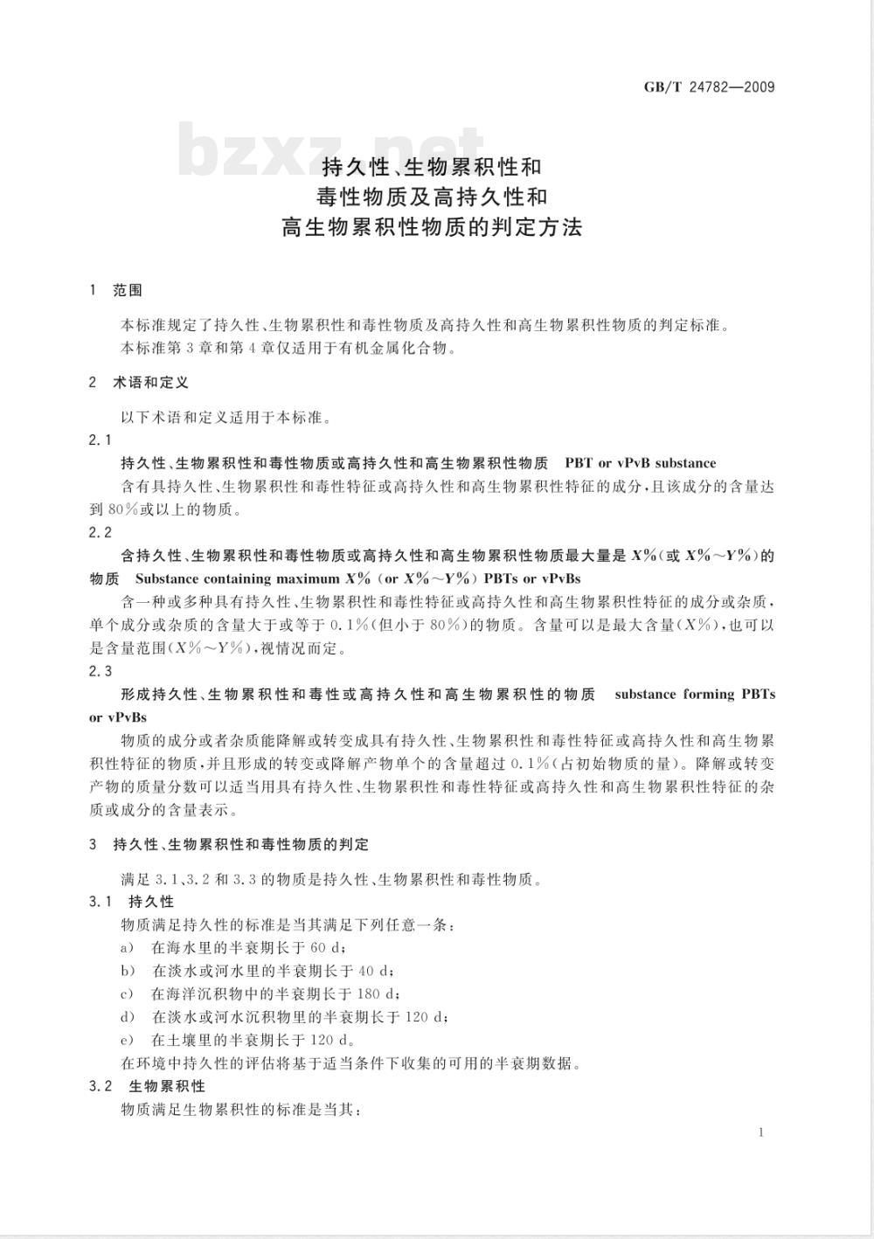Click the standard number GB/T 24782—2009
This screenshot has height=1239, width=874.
(709, 87)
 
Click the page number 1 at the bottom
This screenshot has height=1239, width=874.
(761, 1132)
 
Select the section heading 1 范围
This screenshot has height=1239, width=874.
(116, 290)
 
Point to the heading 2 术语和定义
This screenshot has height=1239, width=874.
(139, 383)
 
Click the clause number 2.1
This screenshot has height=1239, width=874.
(101, 440)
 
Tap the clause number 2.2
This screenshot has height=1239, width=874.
(101, 532)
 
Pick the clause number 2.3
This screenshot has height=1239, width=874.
(101, 671)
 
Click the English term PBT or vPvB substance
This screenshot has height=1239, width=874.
(640, 463)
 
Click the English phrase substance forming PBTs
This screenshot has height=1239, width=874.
(695, 695)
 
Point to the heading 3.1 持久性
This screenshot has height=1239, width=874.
(132, 902)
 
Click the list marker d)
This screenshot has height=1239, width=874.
(128, 1017)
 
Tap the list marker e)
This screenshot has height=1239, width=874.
(128, 1040)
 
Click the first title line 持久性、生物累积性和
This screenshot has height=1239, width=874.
(433, 165)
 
